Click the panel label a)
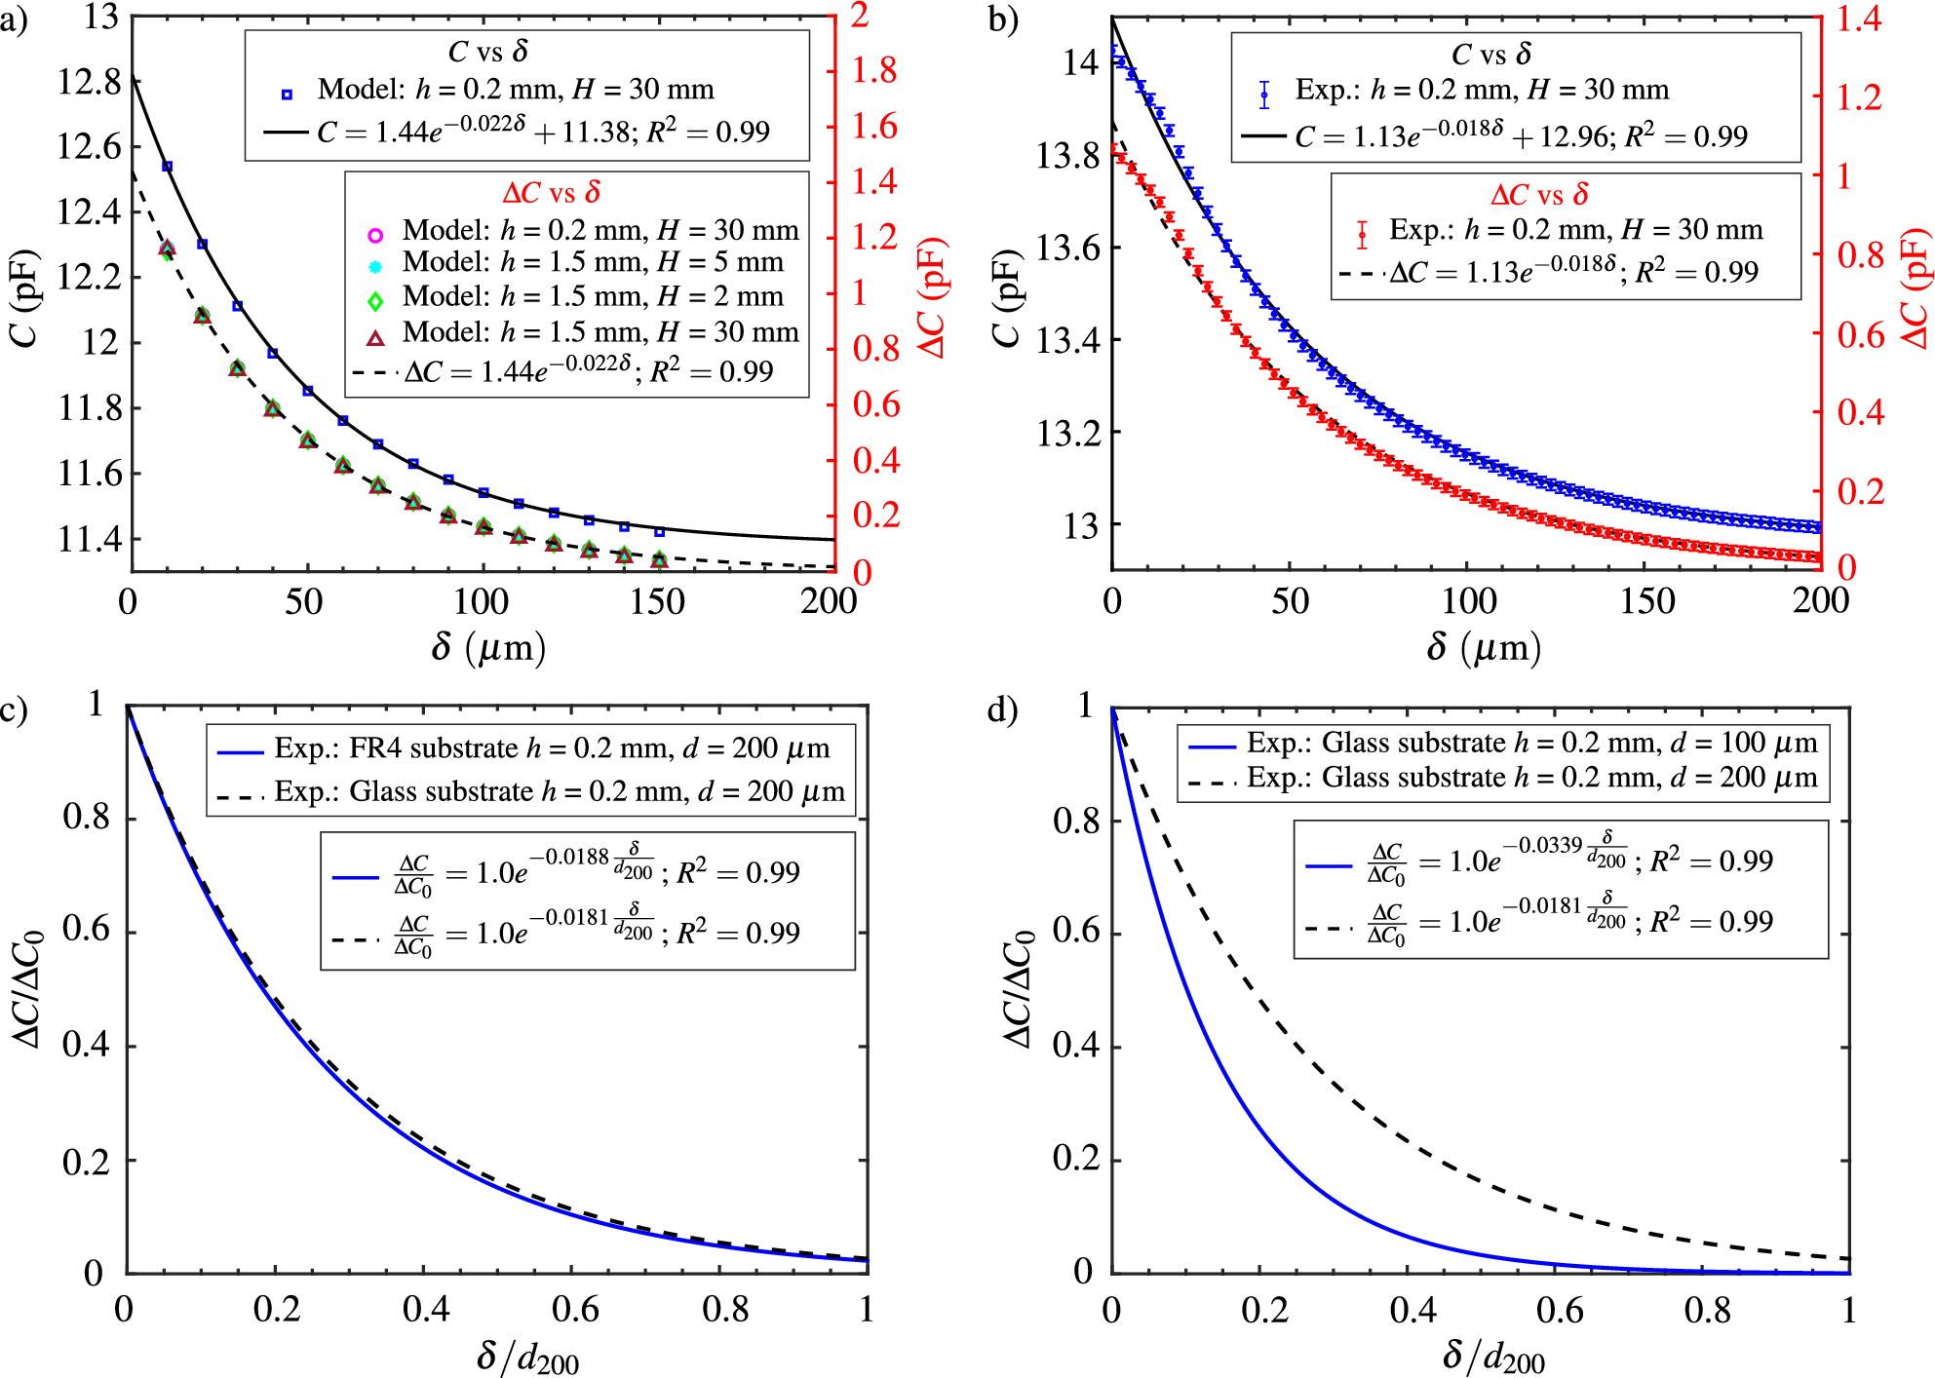click(x=14, y=19)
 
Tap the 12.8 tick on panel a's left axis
click(x=89, y=82)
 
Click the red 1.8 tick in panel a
click(x=874, y=70)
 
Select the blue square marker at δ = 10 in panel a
click(x=167, y=167)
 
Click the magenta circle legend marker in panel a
click(x=375, y=235)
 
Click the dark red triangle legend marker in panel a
click(x=375, y=338)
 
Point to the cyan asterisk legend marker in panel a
click(x=375, y=266)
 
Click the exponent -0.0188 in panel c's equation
click(x=576, y=857)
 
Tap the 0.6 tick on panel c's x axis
click(x=575, y=1309)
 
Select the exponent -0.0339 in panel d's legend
click(x=1542, y=845)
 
